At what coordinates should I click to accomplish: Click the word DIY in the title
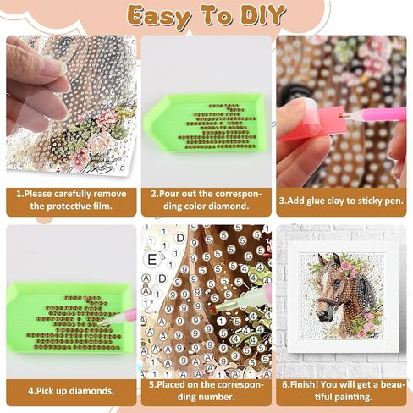(x=262, y=15)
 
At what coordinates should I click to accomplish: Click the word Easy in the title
(x=159, y=16)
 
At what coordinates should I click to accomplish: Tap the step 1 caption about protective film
(x=71, y=200)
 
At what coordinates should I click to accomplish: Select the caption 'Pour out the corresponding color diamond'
(x=206, y=200)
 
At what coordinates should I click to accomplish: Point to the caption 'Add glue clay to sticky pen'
(x=341, y=201)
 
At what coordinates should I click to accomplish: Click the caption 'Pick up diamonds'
(x=71, y=391)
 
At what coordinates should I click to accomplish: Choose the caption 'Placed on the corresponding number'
(x=206, y=391)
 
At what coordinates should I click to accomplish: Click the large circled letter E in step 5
(x=152, y=260)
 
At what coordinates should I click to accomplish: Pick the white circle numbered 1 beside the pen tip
(x=222, y=321)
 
